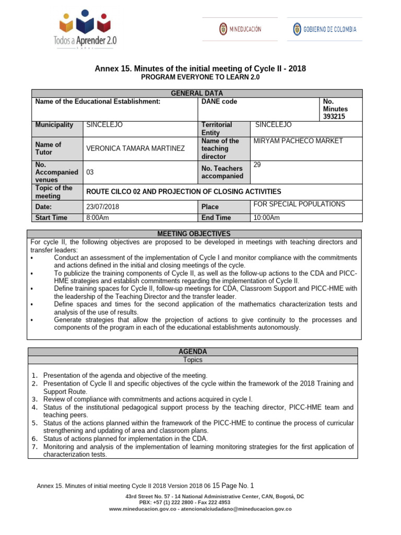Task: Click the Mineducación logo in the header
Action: (240, 29)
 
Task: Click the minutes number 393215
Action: (334, 117)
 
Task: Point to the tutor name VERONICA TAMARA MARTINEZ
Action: (135, 148)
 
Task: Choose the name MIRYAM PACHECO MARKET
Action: (298, 141)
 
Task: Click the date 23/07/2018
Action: (103, 207)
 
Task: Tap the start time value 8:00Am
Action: (98, 218)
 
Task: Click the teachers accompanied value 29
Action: (257, 165)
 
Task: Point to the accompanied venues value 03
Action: (90, 172)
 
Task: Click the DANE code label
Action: (219, 101)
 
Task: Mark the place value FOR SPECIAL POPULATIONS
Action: (299, 204)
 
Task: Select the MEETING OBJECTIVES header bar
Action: (194, 234)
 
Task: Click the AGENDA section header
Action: (194, 352)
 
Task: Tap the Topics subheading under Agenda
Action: (193, 360)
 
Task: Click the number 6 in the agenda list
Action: (34, 439)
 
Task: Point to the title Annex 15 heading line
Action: (200, 68)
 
